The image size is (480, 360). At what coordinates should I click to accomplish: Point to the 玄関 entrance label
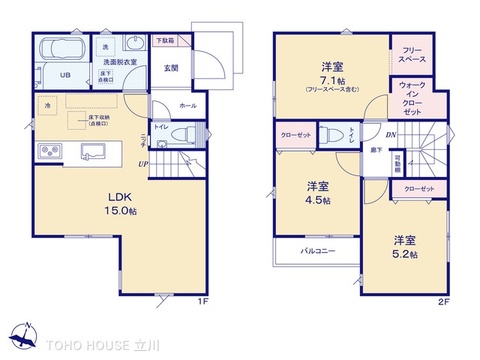[171, 68]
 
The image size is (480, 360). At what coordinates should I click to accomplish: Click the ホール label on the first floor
[187, 105]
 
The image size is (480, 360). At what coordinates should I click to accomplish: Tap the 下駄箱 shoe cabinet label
[164, 41]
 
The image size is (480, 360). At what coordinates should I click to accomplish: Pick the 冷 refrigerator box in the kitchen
[46, 104]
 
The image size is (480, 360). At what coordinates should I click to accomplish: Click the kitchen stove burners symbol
[48, 152]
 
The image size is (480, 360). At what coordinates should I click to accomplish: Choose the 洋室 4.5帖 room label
[318, 193]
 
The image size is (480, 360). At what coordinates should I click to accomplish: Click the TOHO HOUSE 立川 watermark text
[100, 342]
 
